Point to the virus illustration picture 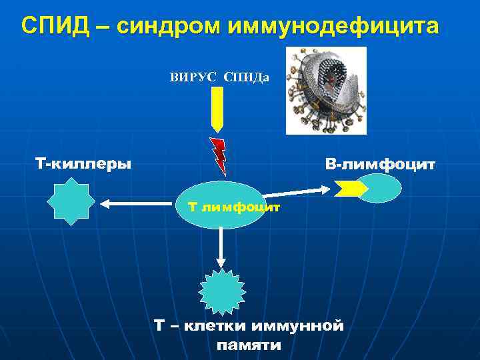click(x=326, y=91)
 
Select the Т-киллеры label click(x=83, y=163)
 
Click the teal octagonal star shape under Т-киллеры click(x=70, y=203)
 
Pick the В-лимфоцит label click(x=380, y=163)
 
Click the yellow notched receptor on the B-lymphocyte click(x=349, y=189)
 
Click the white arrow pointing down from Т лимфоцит click(x=221, y=247)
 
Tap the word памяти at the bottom click(x=249, y=345)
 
